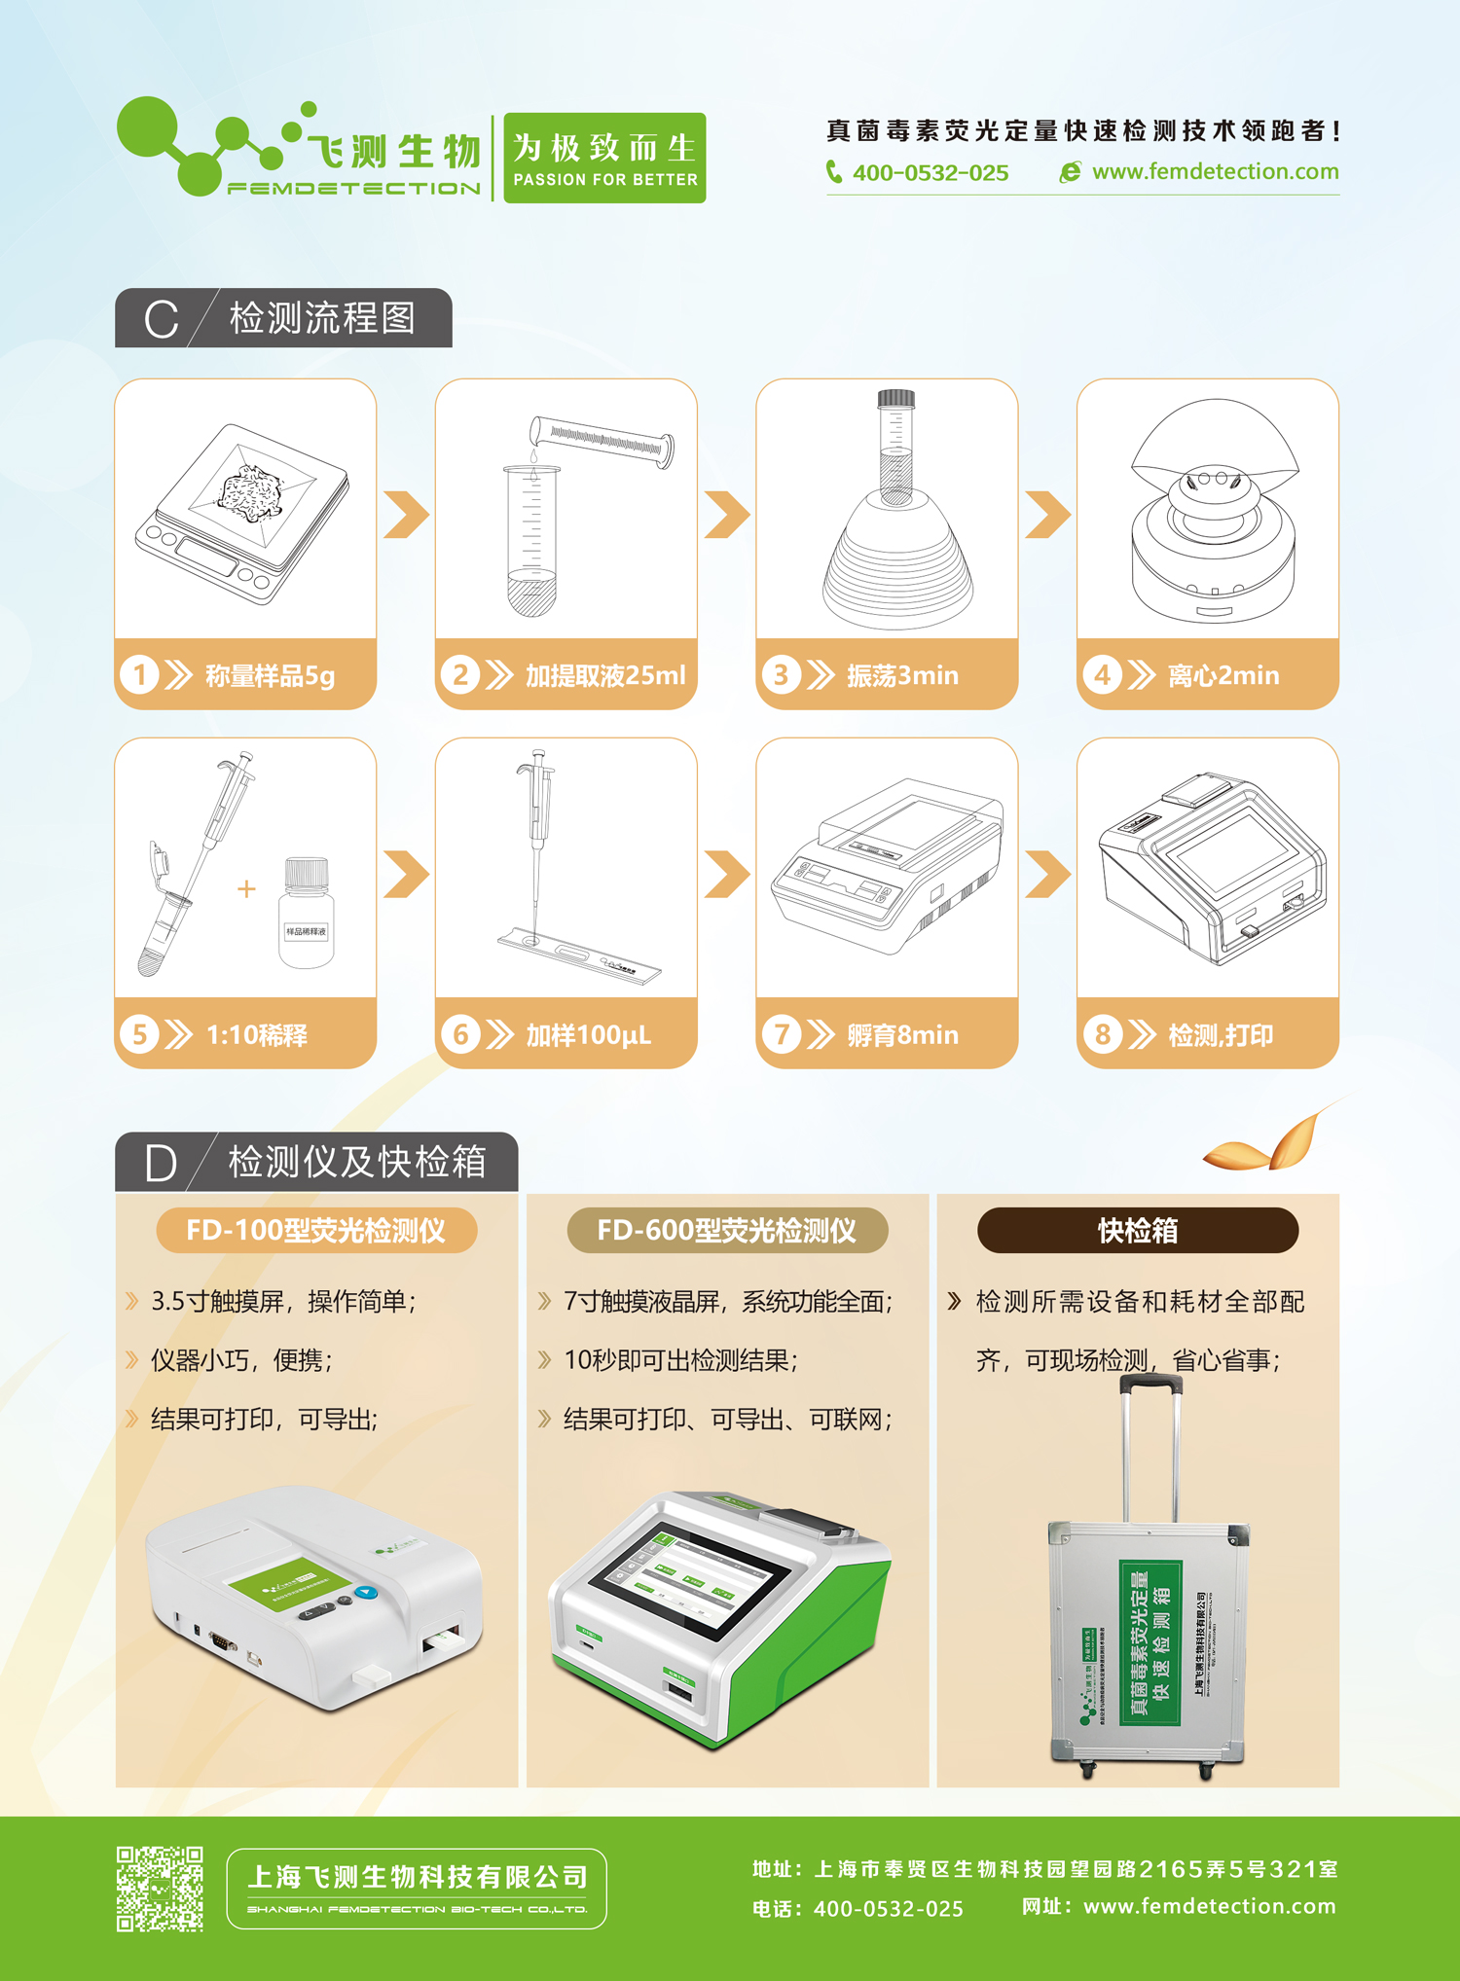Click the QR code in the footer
click(x=160, y=1889)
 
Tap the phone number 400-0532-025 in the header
click(x=930, y=173)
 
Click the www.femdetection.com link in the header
click(x=1214, y=172)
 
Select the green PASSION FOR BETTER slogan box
click(x=604, y=158)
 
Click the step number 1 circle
click(x=139, y=674)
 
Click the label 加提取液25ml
click(x=604, y=675)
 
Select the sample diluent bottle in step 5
click(x=307, y=914)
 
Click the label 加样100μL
click(x=588, y=1035)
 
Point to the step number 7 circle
click(x=781, y=1034)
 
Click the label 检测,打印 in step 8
click(x=1220, y=1035)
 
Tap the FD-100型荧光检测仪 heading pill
click(x=316, y=1231)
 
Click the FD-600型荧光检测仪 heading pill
click(x=727, y=1231)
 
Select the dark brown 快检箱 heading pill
click(x=1137, y=1231)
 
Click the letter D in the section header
click(x=161, y=1163)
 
